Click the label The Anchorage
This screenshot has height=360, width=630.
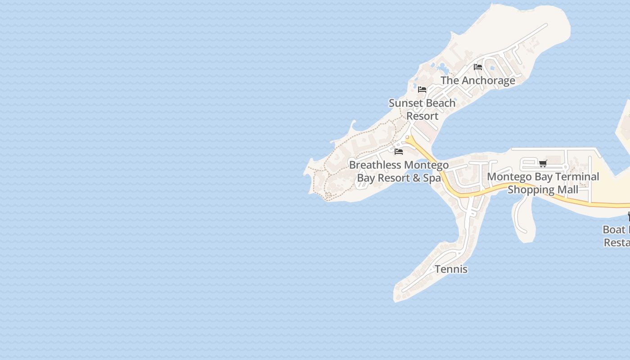(477, 81)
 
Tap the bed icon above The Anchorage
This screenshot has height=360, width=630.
(478, 67)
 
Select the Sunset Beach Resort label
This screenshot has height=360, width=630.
(422, 109)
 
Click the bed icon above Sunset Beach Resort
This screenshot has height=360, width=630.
(422, 90)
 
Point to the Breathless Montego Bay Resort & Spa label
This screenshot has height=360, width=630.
(399, 171)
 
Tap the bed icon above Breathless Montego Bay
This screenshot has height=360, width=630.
(399, 152)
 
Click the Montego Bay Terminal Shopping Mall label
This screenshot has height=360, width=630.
(543, 183)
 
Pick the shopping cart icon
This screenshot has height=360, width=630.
(543, 163)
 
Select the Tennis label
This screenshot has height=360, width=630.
(451, 269)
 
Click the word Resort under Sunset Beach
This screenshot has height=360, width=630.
(422, 116)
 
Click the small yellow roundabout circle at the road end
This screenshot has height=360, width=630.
(407, 137)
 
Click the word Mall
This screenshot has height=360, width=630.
(568, 190)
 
